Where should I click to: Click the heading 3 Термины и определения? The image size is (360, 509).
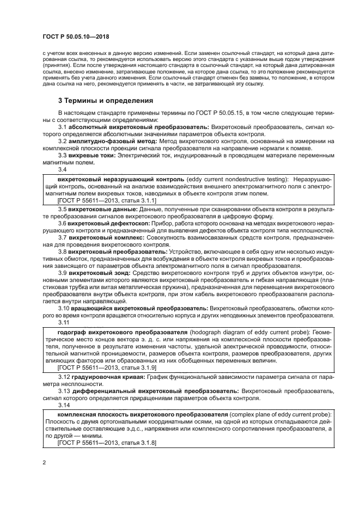click(x=106, y=101)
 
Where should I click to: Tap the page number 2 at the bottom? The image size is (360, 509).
click(x=44, y=463)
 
